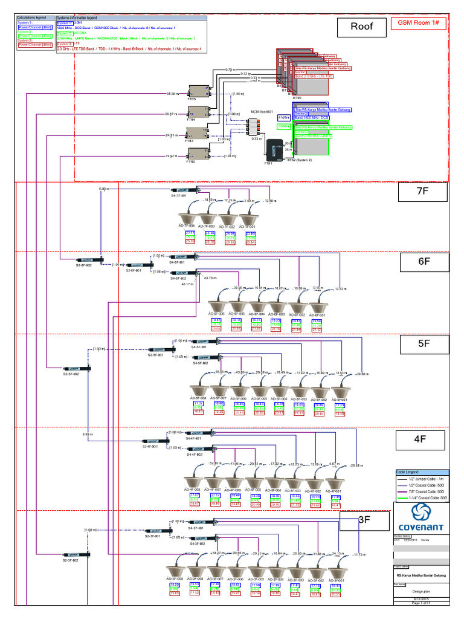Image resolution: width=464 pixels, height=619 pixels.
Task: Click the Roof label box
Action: pos(361,26)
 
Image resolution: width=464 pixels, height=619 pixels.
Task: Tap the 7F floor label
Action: pos(422,193)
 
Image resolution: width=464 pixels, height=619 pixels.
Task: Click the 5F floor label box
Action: pos(423,344)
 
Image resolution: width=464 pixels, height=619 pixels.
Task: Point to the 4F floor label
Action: pos(420,439)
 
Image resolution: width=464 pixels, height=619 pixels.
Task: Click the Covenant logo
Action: pos(419,518)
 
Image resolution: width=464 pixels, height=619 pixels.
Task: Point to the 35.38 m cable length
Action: pos(172,94)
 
